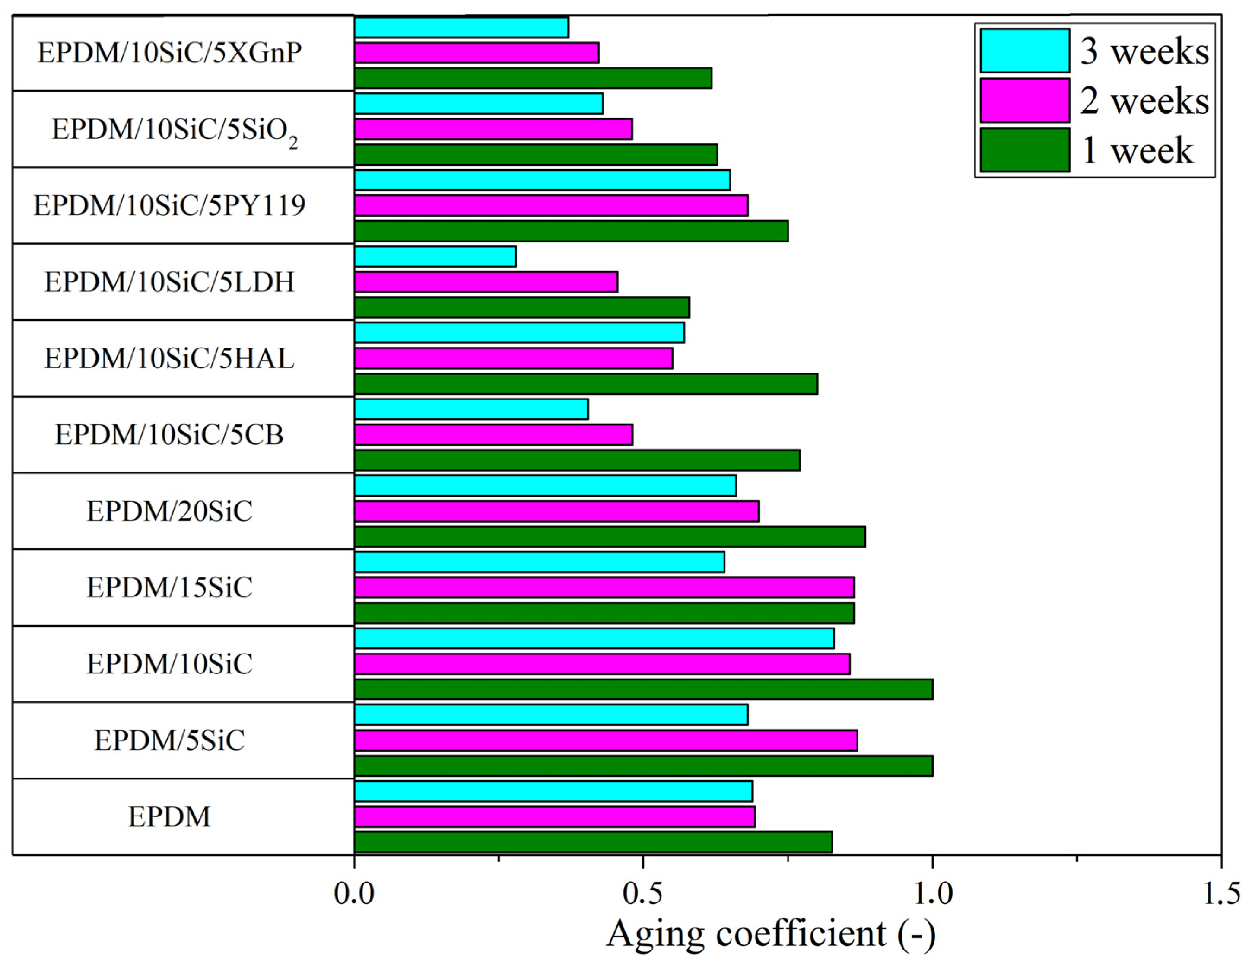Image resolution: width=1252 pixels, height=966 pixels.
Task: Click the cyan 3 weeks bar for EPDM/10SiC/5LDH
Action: click(x=435, y=256)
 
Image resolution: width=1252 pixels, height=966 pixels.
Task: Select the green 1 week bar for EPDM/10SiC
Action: click(x=643, y=689)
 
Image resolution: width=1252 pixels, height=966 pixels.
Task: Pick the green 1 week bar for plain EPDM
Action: click(x=593, y=842)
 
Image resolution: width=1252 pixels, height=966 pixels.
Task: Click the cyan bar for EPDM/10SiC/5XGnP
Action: click(x=461, y=28)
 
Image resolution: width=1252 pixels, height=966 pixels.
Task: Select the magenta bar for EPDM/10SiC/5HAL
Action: click(x=513, y=358)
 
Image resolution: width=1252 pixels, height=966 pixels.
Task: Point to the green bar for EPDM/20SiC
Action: click(x=610, y=536)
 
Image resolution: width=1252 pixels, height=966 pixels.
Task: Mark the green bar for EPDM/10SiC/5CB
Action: click(x=577, y=460)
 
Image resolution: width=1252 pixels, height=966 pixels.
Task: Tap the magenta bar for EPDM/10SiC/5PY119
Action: click(x=550, y=205)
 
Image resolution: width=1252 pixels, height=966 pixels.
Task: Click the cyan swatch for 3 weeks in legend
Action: click(x=1024, y=51)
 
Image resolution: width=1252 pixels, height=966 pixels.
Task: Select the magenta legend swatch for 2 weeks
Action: click(x=1024, y=100)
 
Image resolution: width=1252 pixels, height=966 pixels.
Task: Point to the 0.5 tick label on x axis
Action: click(x=643, y=893)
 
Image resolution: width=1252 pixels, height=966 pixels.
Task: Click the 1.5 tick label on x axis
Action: click(x=1221, y=893)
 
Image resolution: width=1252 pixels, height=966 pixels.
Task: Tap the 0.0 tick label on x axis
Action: click(x=354, y=893)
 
